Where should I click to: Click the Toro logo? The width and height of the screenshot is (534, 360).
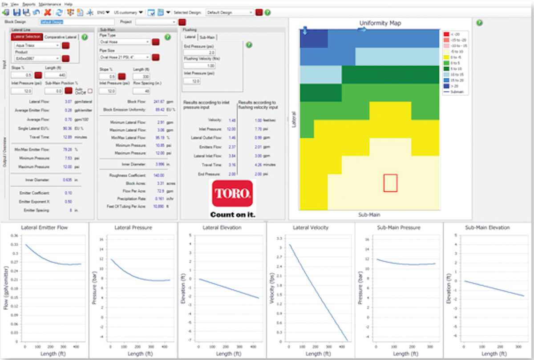click(x=232, y=193)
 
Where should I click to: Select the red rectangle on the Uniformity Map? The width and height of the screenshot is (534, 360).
click(x=390, y=183)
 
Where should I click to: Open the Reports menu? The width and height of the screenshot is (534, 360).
click(x=29, y=4)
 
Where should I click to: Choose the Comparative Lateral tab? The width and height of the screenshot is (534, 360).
click(x=61, y=37)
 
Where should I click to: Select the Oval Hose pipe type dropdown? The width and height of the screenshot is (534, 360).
click(x=124, y=42)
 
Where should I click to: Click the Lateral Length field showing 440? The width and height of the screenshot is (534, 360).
click(x=55, y=75)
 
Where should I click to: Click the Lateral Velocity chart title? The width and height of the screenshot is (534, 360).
click(x=310, y=227)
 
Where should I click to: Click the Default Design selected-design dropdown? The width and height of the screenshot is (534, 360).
click(x=230, y=12)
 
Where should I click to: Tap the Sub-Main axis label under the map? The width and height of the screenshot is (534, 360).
click(x=369, y=214)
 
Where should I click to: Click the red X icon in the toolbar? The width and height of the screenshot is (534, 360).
click(x=48, y=12)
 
